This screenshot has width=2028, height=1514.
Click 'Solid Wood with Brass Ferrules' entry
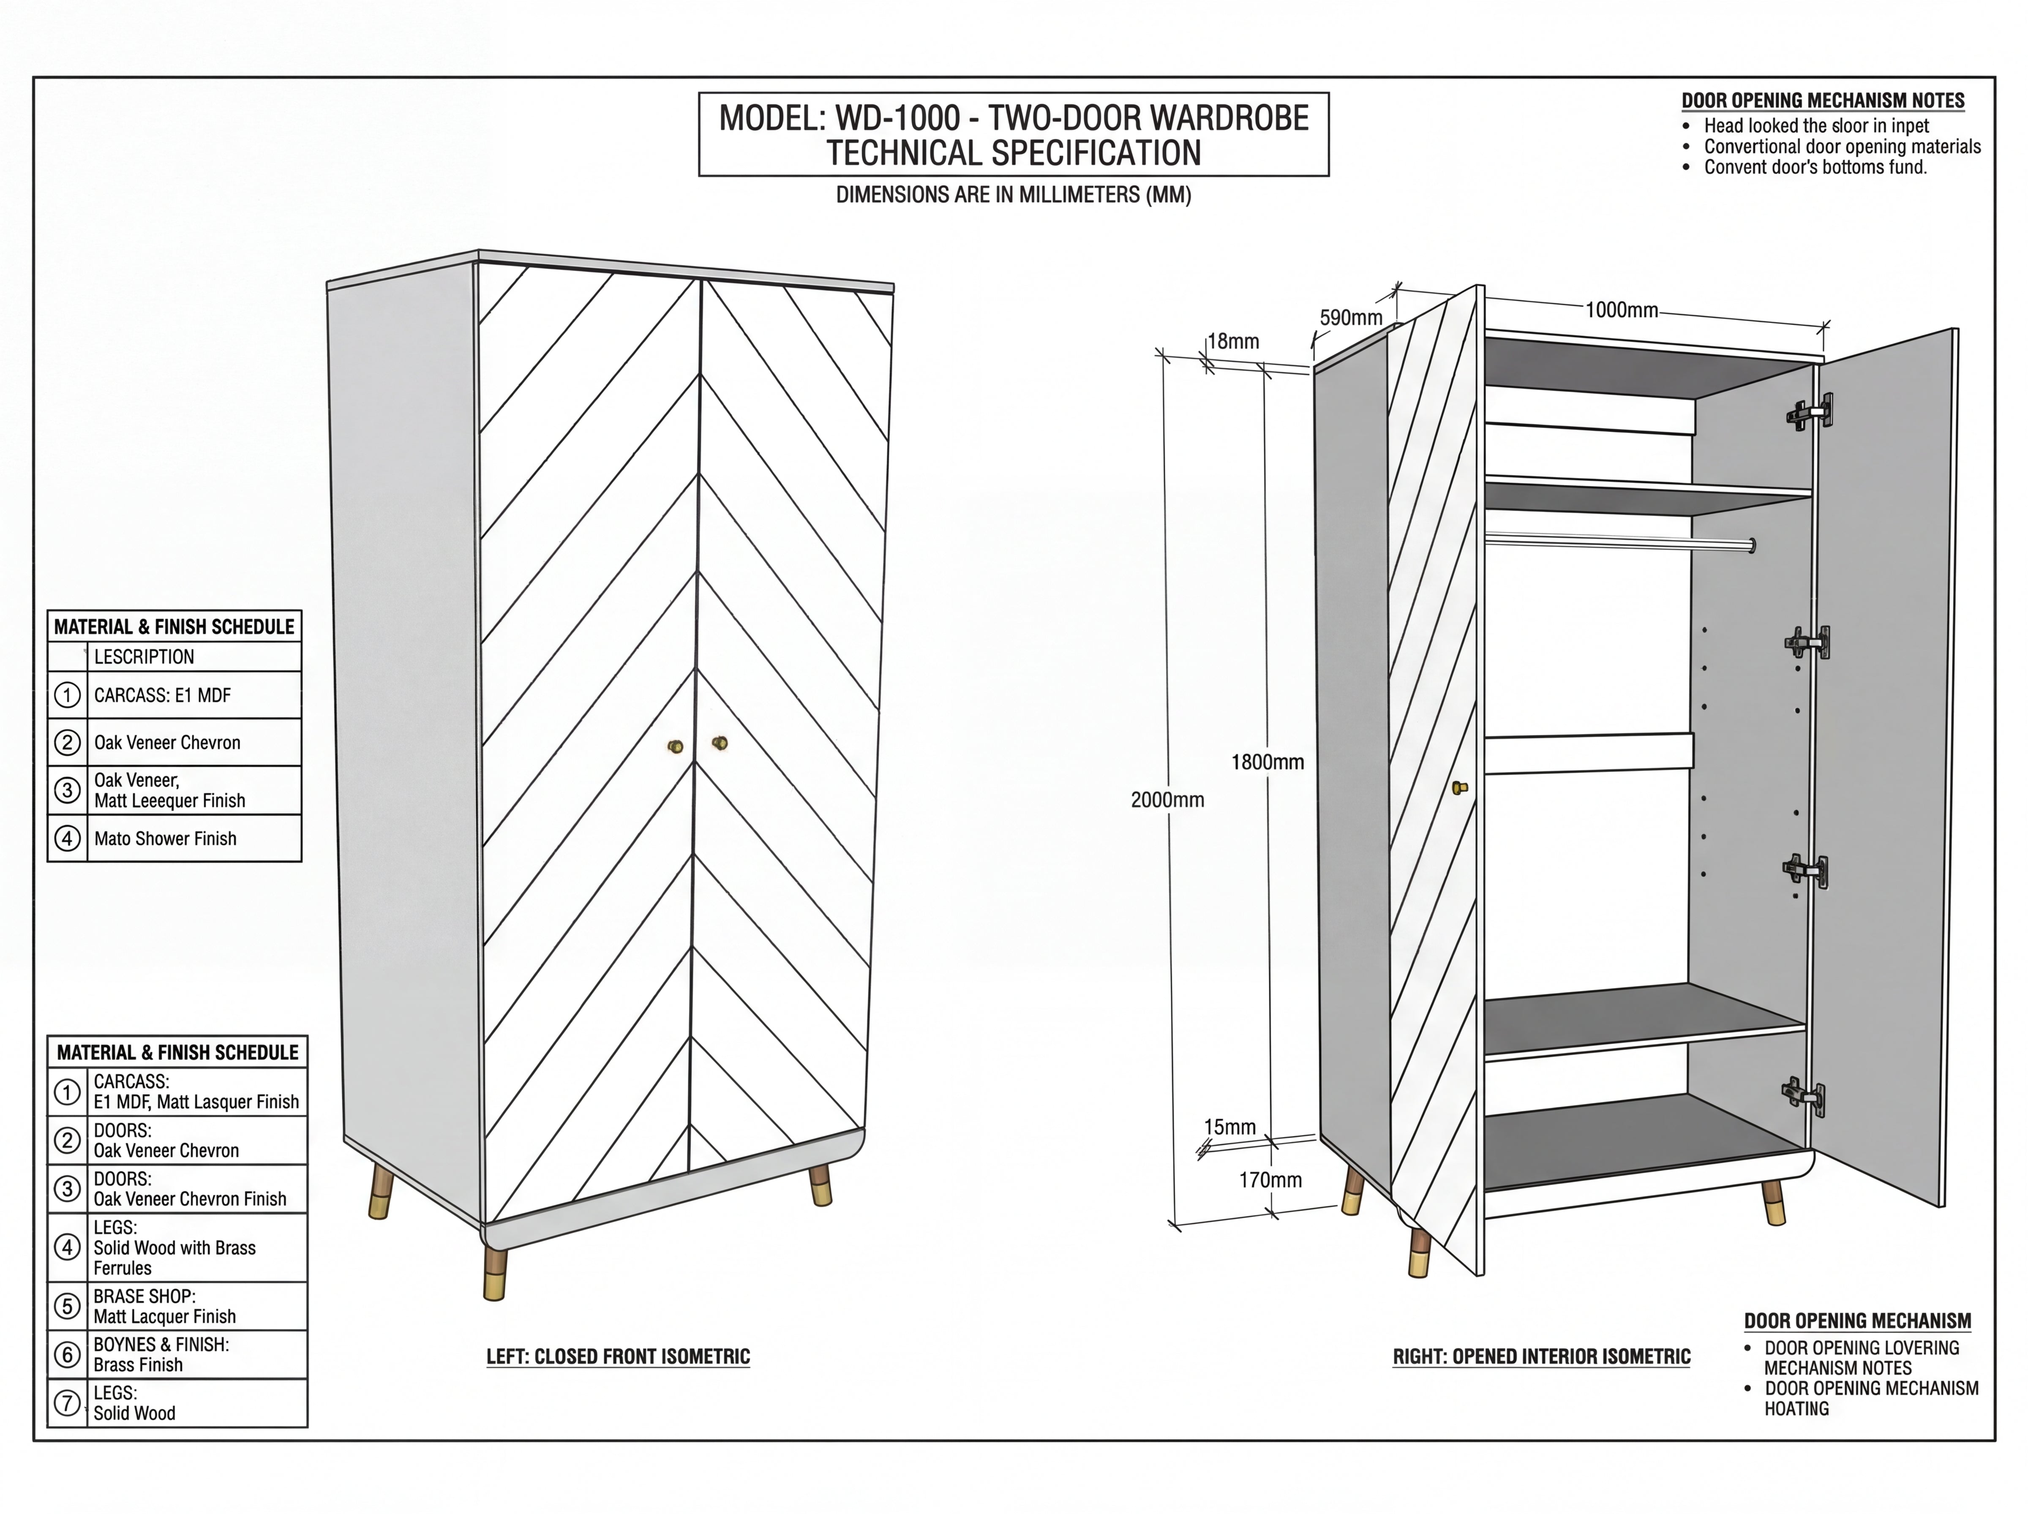click(x=174, y=1258)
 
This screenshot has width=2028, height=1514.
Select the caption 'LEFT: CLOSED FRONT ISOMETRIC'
click(x=619, y=1356)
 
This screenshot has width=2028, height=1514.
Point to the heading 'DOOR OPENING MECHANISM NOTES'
click(x=1823, y=101)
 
